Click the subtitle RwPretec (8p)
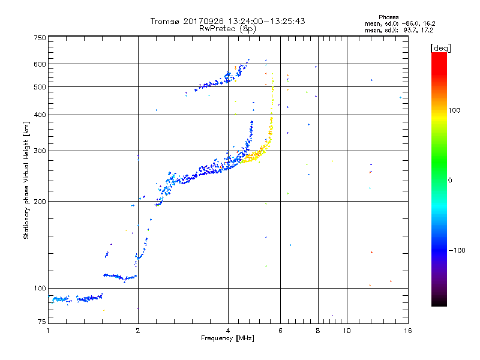(227, 29)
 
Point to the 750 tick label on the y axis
(40, 38)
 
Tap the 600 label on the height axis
(40, 64)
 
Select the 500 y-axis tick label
(40, 87)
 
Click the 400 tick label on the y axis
(40, 115)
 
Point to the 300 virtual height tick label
(40, 151)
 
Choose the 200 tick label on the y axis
(40, 202)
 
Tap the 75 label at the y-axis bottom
(42, 322)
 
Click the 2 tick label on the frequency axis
(138, 331)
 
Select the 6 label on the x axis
(280, 331)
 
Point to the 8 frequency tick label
(318, 331)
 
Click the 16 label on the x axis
(408, 331)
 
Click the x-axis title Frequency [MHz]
(227, 338)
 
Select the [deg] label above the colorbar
(440, 48)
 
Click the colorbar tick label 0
(449, 181)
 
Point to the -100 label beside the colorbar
(457, 250)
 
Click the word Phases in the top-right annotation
(388, 17)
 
